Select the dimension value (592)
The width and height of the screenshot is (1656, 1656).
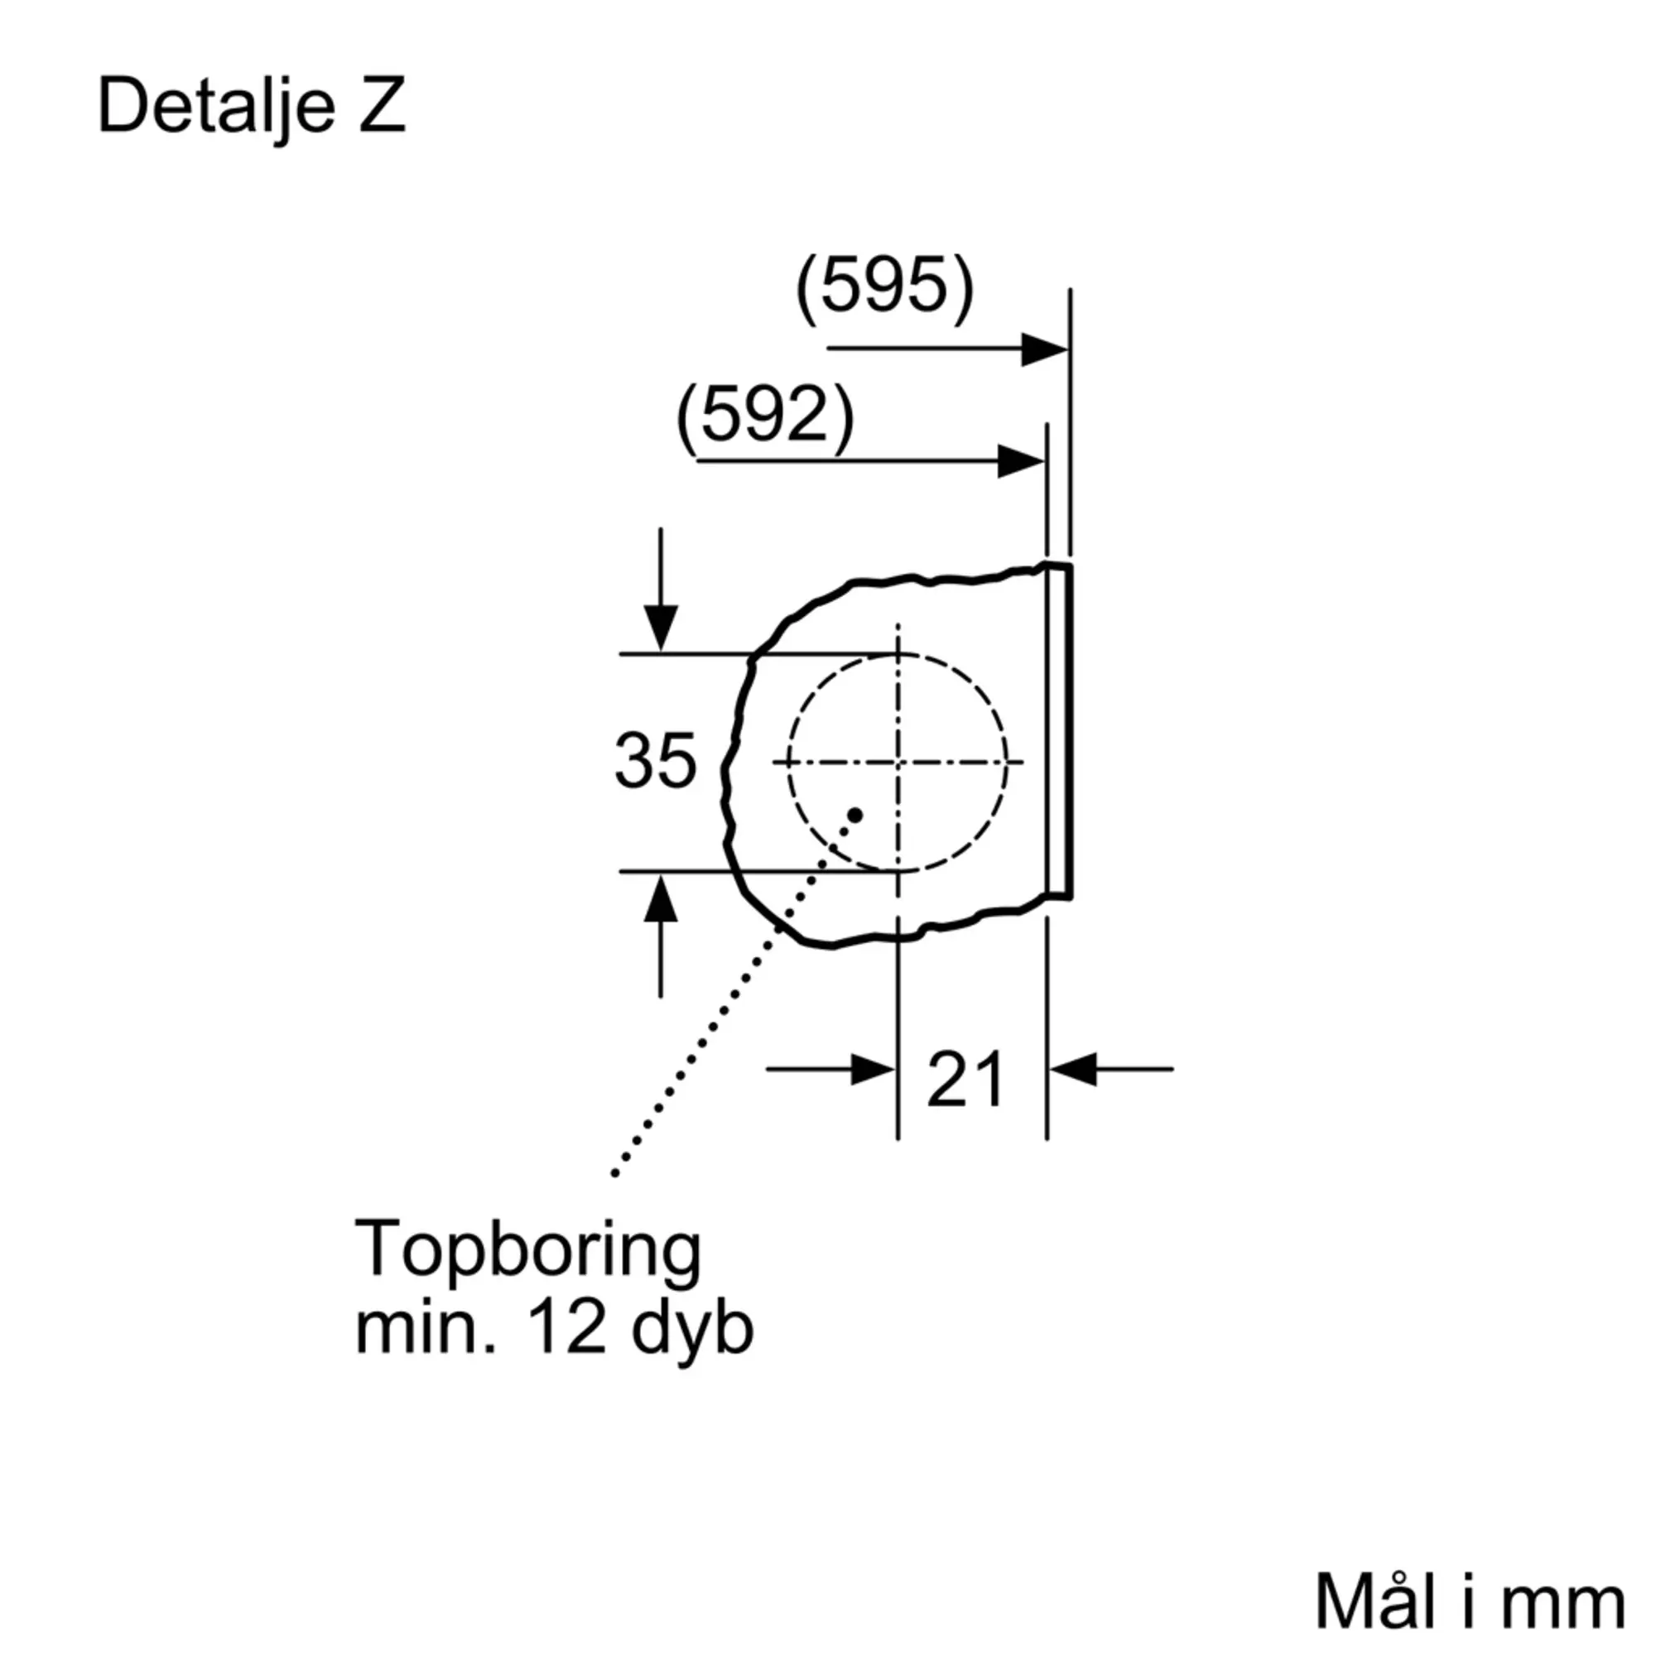[x=764, y=417]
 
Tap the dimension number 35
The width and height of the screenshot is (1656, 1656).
[x=655, y=761]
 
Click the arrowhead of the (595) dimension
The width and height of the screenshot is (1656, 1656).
[x=1044, y=349]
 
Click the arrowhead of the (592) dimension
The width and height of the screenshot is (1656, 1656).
[x=1020, y=462]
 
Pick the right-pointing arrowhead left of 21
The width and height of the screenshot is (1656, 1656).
[x=873, y=1070]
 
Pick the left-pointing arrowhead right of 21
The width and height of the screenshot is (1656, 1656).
[x=1073, y=1070]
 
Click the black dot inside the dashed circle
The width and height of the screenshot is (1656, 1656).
[x=854, y=814]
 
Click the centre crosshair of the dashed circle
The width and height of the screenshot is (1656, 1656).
[x=898, y=761]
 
